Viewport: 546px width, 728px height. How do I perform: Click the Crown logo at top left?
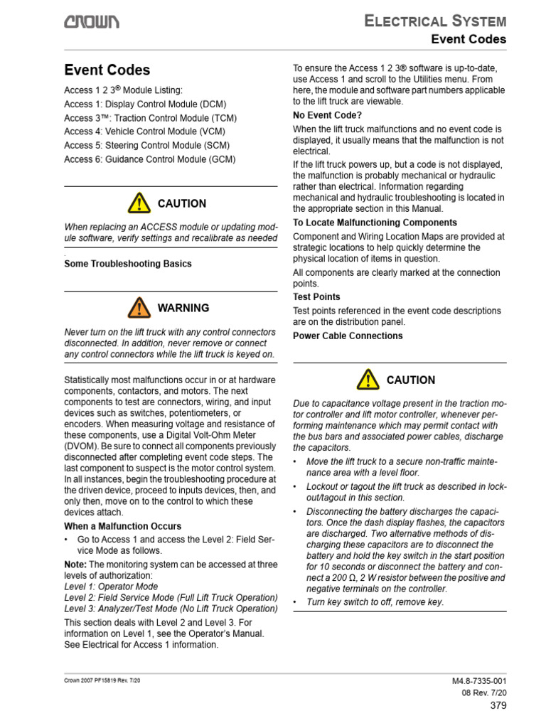[92, 23]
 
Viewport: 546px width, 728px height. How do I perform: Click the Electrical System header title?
[435, 21]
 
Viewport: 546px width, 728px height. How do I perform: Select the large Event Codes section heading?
[107, 70]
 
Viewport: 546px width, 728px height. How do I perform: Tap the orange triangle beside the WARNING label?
[139, 308]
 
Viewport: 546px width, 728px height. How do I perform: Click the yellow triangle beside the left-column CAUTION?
[139, 203]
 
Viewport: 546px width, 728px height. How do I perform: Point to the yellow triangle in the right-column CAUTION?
[368, 380]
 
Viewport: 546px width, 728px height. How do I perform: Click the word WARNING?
[183, 308]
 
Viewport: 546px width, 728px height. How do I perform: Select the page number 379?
[498, 705]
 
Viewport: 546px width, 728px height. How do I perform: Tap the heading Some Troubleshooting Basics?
[128, 264]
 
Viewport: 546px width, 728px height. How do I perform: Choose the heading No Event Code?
[328, 115]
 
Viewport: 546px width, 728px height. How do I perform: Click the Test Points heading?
[316, 296]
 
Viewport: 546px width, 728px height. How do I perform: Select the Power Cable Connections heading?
[348, 336]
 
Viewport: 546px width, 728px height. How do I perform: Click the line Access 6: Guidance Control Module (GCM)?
[149, 159]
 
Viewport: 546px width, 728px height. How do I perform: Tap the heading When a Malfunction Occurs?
[123, 526]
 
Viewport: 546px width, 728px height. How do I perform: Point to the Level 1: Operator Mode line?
[111, 587]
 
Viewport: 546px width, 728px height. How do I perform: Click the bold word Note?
[76, 564]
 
